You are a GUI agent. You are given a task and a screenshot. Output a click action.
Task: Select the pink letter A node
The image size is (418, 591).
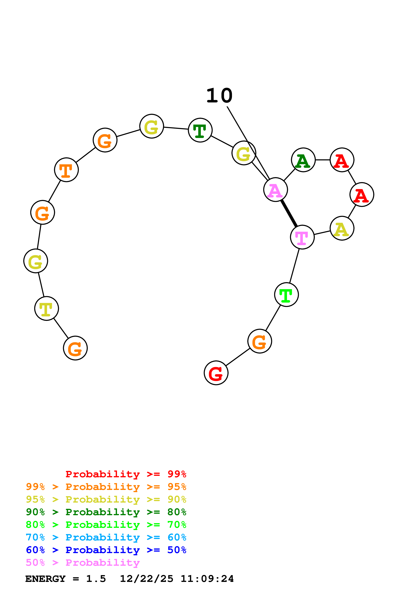click(x=275, y=190)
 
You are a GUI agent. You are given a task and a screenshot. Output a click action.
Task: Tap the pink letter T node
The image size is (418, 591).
click(x=302, y=237)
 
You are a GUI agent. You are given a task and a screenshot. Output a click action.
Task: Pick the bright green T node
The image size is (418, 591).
click(x=286, y=294)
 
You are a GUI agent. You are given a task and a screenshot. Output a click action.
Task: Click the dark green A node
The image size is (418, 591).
click(x=303, y=160)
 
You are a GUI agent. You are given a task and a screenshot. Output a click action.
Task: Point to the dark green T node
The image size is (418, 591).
click(x=200, y=130)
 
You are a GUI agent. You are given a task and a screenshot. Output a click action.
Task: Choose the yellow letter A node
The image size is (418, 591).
click(x=342, y=228)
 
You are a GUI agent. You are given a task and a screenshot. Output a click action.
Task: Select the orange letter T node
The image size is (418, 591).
click(x=66, y=170)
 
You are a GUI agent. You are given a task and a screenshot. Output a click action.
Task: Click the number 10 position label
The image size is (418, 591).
click(x=219, y=96)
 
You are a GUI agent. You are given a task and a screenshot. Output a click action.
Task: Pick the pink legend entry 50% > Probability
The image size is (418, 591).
click(x=83, y=562)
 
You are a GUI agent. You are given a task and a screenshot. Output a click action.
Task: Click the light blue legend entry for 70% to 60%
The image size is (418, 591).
click(x=106, y=537)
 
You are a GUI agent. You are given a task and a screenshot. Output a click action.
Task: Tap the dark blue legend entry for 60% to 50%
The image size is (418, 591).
click(x=106, y=550)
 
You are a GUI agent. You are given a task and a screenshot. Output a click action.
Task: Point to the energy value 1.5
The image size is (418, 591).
click(x=96, y=579)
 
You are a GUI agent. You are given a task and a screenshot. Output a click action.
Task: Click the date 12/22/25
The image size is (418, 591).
click(x=147, y=579)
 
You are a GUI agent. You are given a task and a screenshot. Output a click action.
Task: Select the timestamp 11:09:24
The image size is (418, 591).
click(x=207, y=579)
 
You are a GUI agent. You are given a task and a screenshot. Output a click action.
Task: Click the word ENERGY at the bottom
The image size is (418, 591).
click(x=45, y=579)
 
